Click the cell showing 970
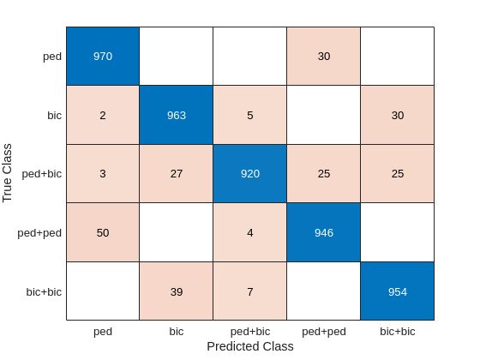103,57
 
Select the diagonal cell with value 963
176,115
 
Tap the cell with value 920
249,174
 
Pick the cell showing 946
323,232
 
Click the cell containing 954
397,291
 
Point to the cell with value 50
103,232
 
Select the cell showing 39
176,291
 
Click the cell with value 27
176,174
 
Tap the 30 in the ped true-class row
323,57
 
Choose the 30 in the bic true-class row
397,115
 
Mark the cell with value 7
249,291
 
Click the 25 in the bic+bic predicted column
397,174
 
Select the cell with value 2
103,115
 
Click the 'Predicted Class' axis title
249,346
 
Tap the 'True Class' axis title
8,174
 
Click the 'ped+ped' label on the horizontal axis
323,331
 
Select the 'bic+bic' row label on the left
45,291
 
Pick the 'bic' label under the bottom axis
176,331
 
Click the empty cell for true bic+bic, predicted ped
103,291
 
